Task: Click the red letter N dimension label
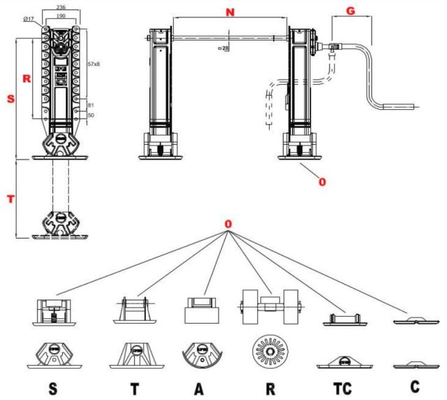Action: pos(230,11)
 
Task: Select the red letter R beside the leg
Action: pos(26,79)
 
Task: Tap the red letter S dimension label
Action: pos(10,99)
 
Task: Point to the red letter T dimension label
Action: pos(10,199)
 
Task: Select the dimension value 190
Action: pos(62,15)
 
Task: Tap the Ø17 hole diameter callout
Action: pos(28,19)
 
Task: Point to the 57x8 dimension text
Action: pos(94,64)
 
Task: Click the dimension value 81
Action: pos(90,105)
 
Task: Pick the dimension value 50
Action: pos(90,115)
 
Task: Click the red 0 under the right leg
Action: pos(322,182)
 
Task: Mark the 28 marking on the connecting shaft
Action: pos(226,48)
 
